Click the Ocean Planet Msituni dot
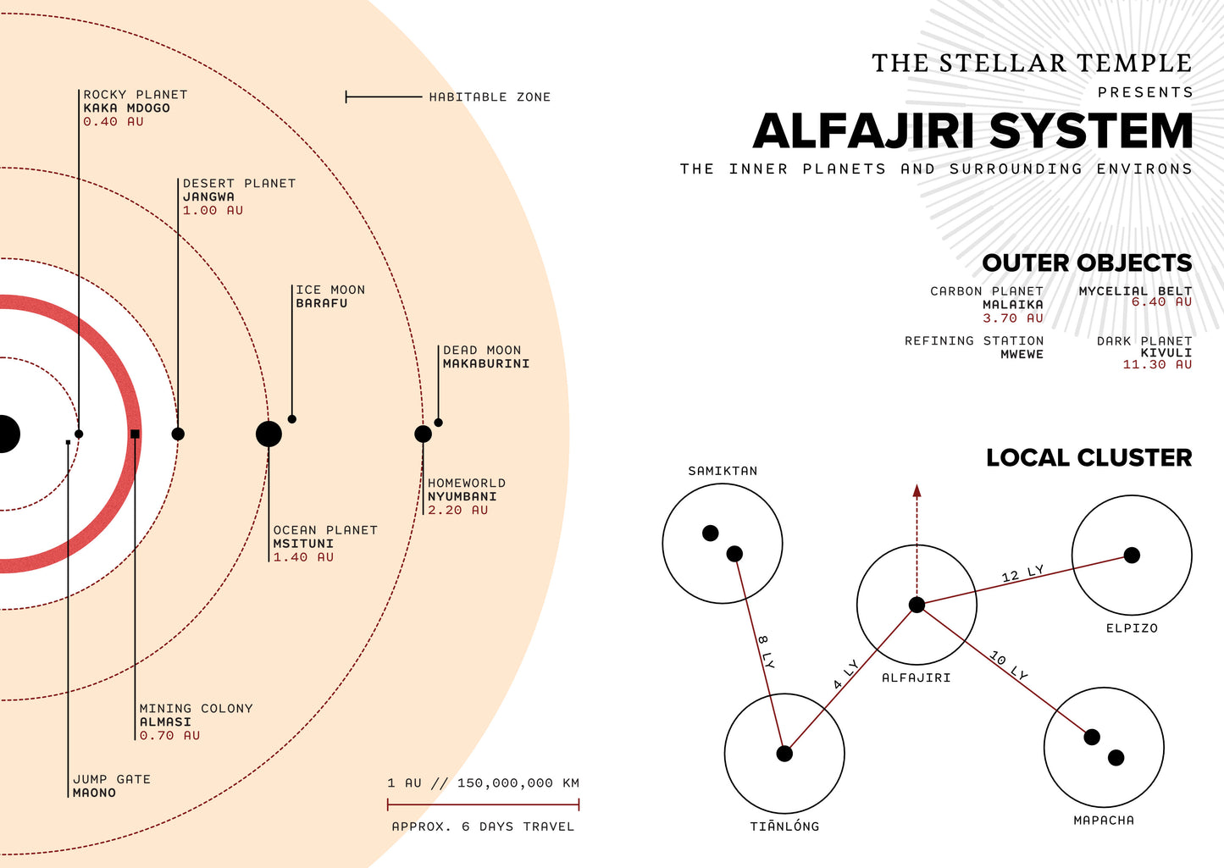coord(269,434)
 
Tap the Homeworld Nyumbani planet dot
coord(423,434)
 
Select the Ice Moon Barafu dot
coord(292,419)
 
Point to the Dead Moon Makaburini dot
coord(438,423)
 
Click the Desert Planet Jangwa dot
coord(178,434)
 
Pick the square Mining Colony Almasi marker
coord(135,434)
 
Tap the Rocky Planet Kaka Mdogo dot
coord(79,434)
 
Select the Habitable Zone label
coord(490,97)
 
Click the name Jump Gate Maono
coord(94,793)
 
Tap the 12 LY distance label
coord(1022,574)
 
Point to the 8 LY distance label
coord(766,651)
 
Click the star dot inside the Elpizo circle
coord(1132,555)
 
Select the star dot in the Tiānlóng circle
coord(784,753)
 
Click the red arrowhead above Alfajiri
coord(917,490)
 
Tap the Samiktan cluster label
coord(723,471)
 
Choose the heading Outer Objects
coord(1087,263)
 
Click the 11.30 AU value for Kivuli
coord(1157,365)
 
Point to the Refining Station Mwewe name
coord(1022,354)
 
